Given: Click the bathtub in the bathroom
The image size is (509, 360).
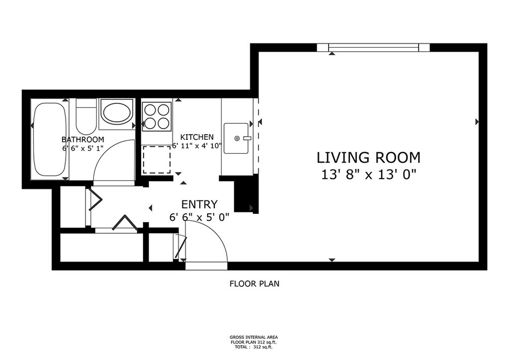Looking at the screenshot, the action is point(50,140).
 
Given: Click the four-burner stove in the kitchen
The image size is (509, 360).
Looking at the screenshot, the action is point(157,116).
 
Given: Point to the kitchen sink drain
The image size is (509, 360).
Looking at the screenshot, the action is point(237,139).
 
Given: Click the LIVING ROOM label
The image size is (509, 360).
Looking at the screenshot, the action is point(368,158).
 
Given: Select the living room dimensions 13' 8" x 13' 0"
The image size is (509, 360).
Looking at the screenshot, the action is point(368,175).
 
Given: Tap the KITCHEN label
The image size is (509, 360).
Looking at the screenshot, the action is point(197,137).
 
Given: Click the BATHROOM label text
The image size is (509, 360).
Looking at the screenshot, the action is point(83,140).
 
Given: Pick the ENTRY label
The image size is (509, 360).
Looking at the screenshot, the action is point(199,204).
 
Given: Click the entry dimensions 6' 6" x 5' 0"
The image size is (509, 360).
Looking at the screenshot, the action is point(199,217).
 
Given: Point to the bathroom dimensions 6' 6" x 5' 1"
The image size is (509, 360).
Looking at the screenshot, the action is point(83,148).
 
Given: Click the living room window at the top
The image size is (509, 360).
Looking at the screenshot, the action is point(373,48).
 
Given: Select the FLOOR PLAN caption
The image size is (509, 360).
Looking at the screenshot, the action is point(254,284).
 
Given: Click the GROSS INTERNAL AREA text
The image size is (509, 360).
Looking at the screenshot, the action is point(254,337).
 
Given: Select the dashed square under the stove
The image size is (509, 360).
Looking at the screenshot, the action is point(157,160).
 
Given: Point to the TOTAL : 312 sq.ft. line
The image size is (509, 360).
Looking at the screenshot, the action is point(254,347).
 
